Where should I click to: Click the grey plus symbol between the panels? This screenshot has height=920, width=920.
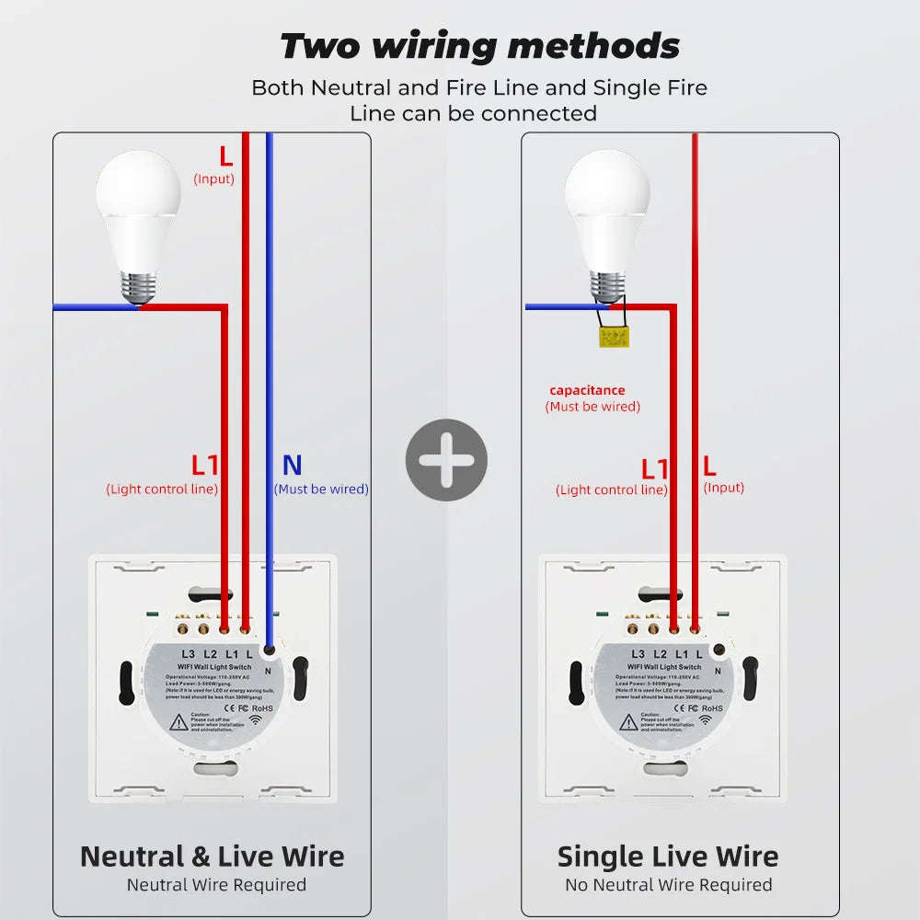point(446,460)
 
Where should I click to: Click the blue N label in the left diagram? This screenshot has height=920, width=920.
point(292,466)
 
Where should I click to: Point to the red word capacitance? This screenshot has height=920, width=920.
point(587,390)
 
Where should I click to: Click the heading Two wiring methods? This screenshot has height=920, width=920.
point(479,45)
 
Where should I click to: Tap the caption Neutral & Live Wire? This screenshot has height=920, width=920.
point(212,857)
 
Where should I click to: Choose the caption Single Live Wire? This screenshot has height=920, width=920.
point(668,857)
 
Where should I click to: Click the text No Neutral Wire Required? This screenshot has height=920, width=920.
point(668,885)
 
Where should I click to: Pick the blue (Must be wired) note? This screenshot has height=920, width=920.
point(321,489)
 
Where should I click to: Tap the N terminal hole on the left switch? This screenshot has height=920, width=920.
point(269,650)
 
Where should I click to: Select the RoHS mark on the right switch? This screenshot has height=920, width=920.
point(712,708)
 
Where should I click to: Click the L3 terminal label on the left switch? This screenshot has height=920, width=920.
point(188,653)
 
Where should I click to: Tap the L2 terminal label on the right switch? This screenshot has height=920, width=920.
point(660,653)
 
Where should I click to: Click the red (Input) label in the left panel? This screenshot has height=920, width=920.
point(213,178)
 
